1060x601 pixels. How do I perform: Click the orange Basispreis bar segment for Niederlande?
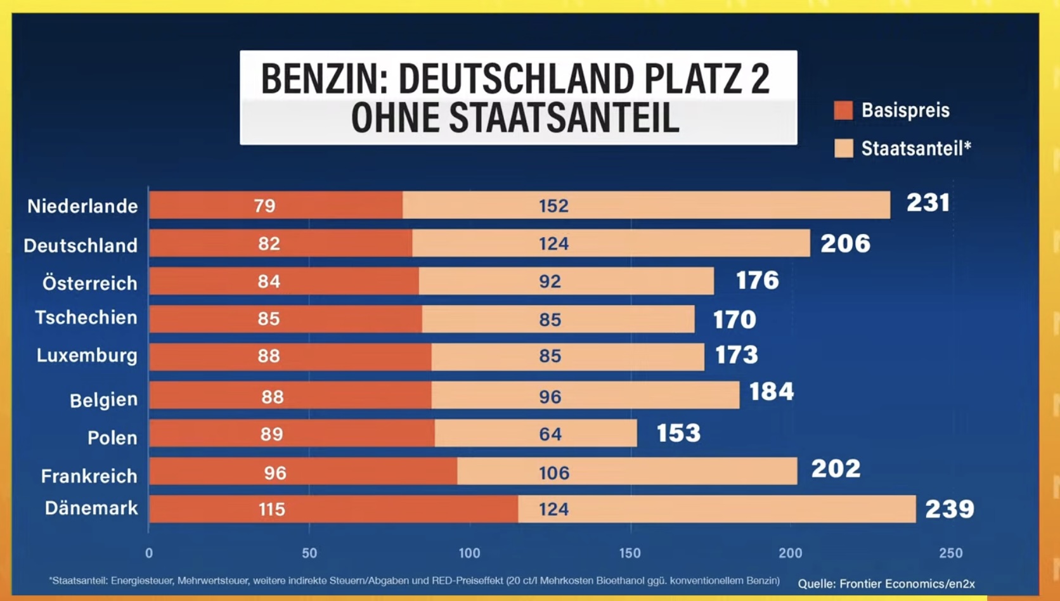[x=276, y=205]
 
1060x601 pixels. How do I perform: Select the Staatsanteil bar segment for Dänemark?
[x=717, y=509]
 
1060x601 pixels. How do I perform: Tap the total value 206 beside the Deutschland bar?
[x=845, y=243]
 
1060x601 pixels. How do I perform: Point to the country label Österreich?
[x=90, y=283]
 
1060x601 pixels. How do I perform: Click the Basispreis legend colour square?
[x=843, y=110]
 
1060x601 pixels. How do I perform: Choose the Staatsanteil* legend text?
[x=916, y=148]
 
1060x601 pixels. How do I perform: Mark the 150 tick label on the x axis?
[x=630, y=553]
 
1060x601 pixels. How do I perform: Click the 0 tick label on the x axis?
[x=149, y=553]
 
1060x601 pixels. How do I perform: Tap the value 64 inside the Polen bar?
[x=550, y=434]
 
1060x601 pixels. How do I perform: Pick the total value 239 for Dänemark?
[x=950, y=509]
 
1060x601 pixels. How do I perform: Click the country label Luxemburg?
[x=87, y=356]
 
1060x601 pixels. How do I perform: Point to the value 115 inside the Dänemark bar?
[x=271, y=509]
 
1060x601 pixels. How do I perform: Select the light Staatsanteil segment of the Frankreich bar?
[x=628, y=471]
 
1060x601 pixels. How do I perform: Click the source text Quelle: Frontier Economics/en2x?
[x=886, y=583]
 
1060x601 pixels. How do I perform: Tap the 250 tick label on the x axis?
[x=951, y=553]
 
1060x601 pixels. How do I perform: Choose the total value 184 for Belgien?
[x=772, y=392]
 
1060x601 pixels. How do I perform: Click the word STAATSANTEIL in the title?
[x=564, y=118]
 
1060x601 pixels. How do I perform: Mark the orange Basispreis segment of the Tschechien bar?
[x=285, y=319]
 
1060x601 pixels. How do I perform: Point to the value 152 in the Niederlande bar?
[x=553, y=206]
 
